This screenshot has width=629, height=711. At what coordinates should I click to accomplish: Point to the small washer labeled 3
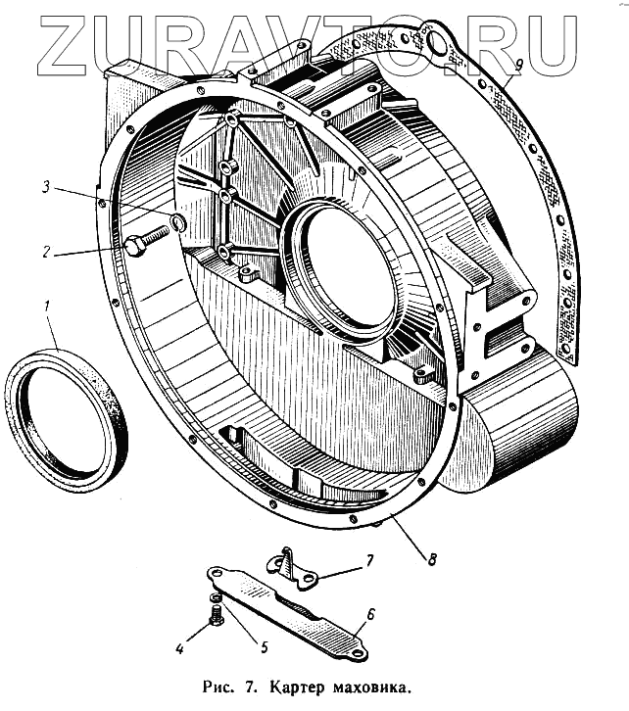(177, 224)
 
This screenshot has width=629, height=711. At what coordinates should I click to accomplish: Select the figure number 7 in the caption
(252, 688)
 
